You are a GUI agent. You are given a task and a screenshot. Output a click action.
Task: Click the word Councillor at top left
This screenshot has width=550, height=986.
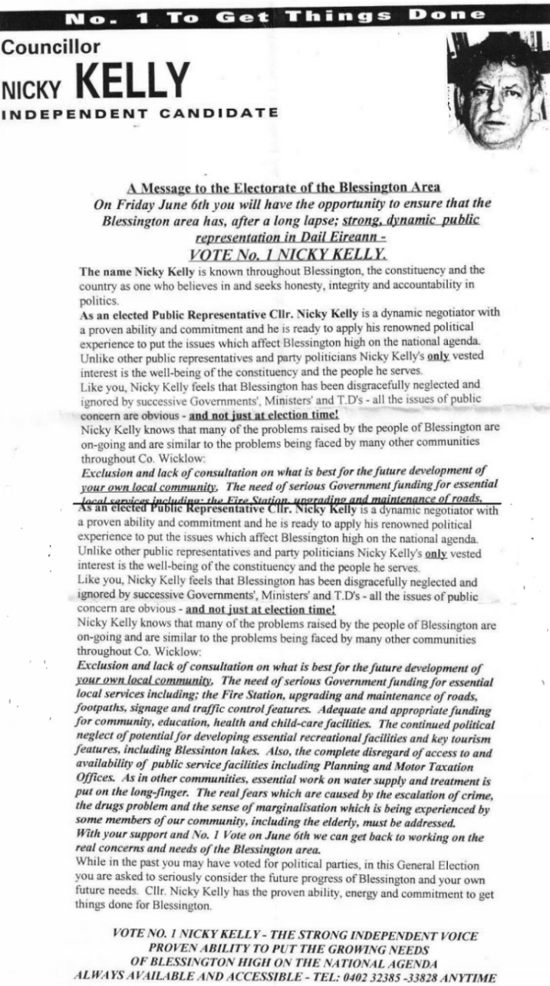click(x=51, y=47)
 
